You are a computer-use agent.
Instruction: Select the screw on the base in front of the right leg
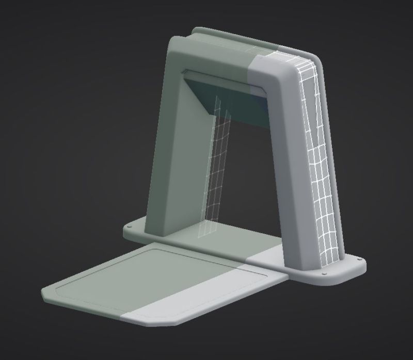coord(324,274)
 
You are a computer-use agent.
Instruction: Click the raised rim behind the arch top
coord(232,37)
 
